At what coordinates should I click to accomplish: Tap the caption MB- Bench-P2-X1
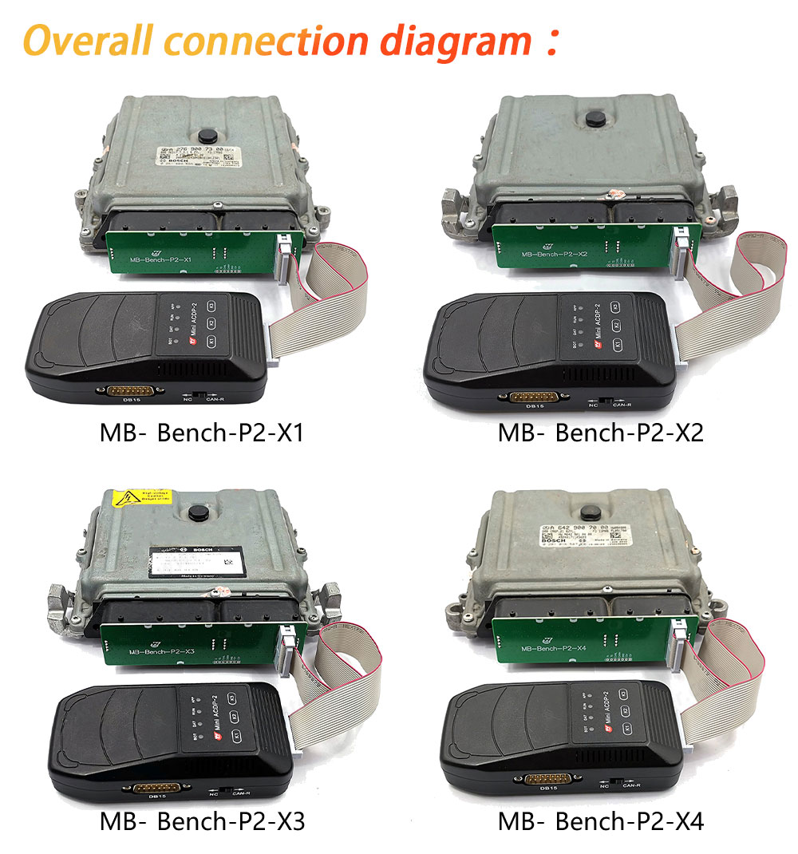click(x=201, y=433)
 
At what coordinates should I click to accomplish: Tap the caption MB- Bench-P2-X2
click(x=600, y=433)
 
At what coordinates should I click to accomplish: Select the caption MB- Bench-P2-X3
click(x=201, y=821)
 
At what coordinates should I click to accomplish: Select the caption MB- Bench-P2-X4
click(x=600, y=821)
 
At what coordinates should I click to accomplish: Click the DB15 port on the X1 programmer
click(x=129, y=392)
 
